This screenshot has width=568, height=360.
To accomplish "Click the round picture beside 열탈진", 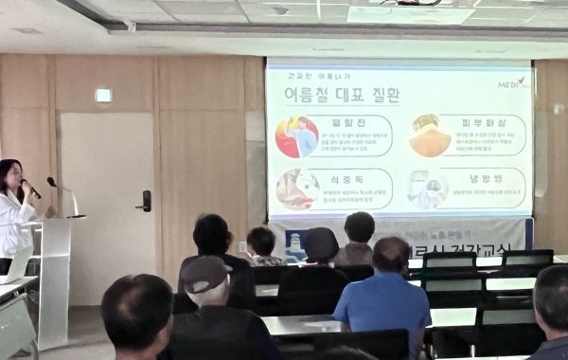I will [x=296, y=136].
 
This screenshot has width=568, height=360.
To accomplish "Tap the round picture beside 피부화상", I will [x=431, y=135].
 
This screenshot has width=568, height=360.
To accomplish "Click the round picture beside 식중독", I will [x=296, y=189].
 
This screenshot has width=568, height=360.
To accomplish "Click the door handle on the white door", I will [x=145, y=200].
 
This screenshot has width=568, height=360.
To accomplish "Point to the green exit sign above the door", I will [x=103, y=95].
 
